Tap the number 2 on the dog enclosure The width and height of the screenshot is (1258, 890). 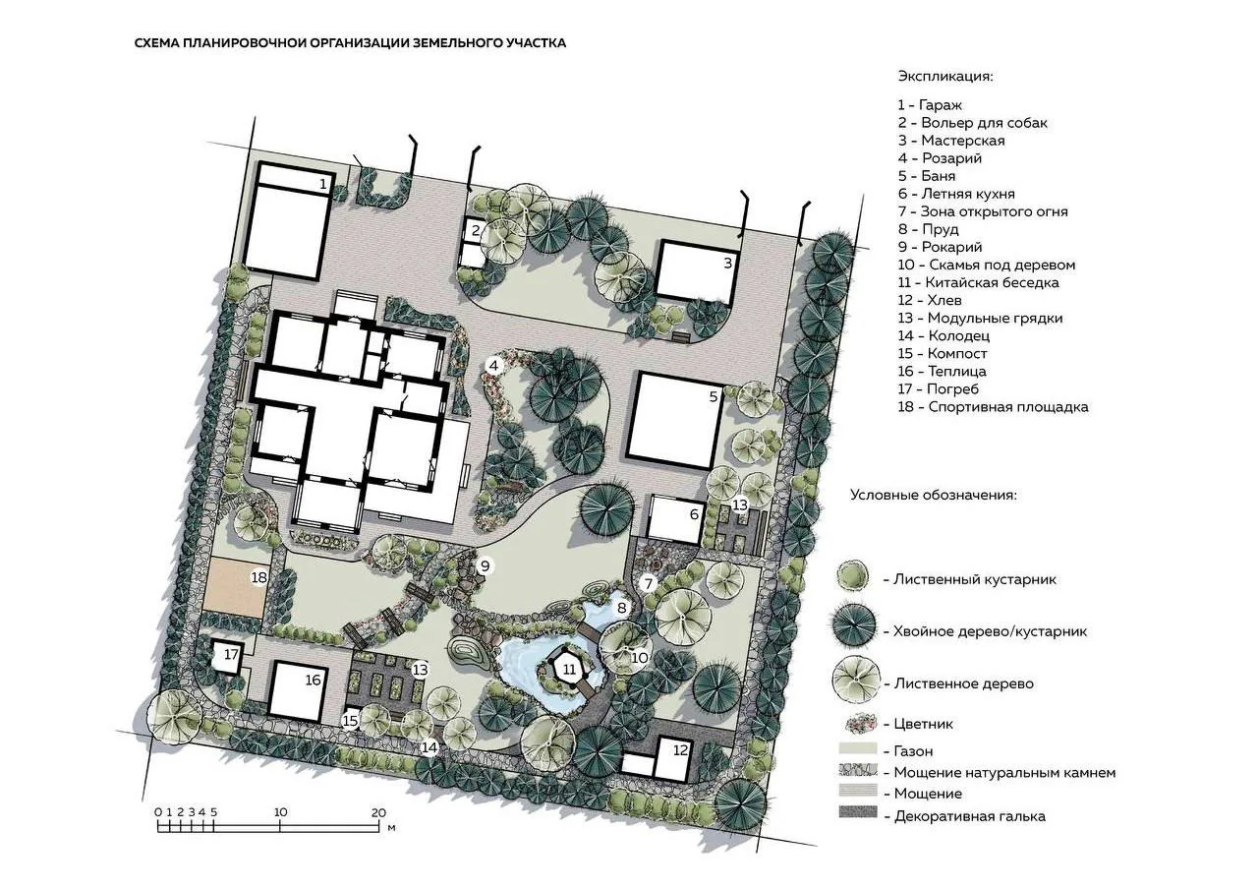[x=476, y=230]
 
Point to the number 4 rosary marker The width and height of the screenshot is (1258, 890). [x=493, y=367]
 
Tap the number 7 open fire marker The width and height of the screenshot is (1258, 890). [x=649, y=584]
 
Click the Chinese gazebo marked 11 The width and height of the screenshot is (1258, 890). [x=569, y=669]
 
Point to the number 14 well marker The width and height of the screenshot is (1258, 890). [x=429, y=747]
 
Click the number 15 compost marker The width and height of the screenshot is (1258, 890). [x=351, y=720]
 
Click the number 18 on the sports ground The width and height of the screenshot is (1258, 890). [x=258, y=577]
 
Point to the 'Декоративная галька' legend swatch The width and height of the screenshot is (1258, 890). [x=858, y=812]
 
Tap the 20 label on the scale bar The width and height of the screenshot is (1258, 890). [x=379, y=812]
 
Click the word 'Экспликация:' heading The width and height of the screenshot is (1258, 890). [x=945, y=77]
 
